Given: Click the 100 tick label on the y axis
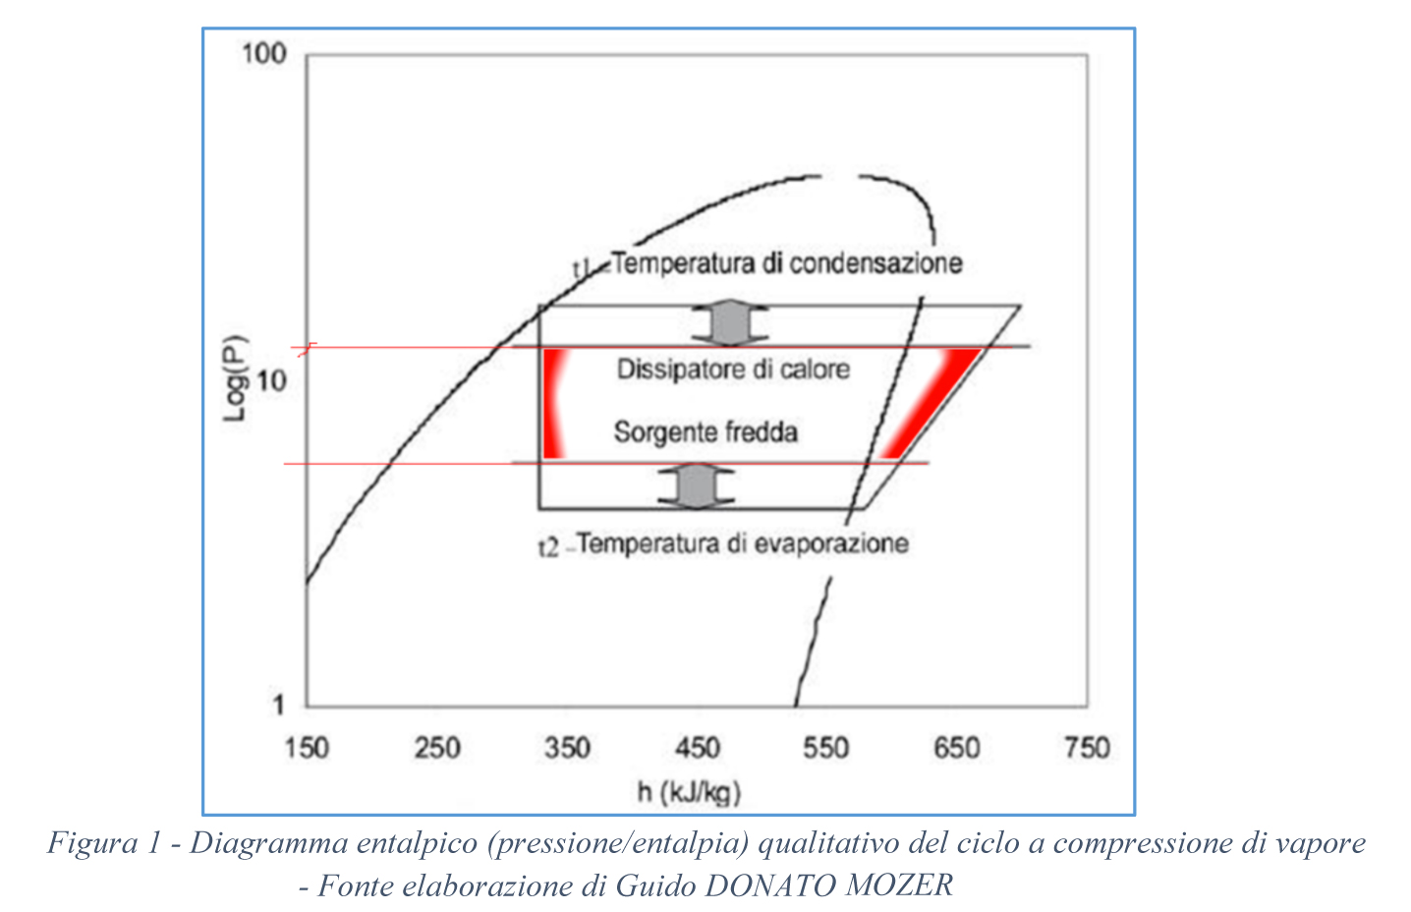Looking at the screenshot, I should pyautogui.click(x=263, y=53).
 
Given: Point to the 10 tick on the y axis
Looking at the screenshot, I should pyautogui.click(x=270, y=380).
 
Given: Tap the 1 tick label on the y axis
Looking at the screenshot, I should pyautogui.click(x=279, y=704).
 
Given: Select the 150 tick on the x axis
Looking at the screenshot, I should pyautogui.click(x=307, y=748).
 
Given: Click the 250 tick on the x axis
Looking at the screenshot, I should pyautogui.click(x=436, y=748).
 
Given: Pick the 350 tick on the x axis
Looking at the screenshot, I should pyautogui.click(x=567, y=748).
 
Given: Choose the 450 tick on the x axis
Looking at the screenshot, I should pyautogui.click(x=697, y=748).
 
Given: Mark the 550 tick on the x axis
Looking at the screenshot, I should pyautogui.click(x=826, y=748).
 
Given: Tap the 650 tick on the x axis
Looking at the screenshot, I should pyautogui.click(x=956, y=748).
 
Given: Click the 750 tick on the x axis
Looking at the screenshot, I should pyautogui.click(x=1087, y=748).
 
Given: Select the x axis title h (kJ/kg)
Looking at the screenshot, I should pyautogui.click(x=689, y=792).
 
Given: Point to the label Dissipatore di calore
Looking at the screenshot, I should pyautogui.click(x=733, y=370).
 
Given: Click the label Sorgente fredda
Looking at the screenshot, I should pyautogui.click(x=705, y=432).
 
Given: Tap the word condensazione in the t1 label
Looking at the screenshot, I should pyautogui.click(x=875, y=263).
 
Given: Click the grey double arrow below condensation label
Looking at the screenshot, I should pyautogui.click(x=729, y=325).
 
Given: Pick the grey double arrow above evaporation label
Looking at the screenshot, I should pyautogui.click(x=696, y=485).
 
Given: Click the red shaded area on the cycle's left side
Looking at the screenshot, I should pyautogui.click(x=554, y=403).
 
